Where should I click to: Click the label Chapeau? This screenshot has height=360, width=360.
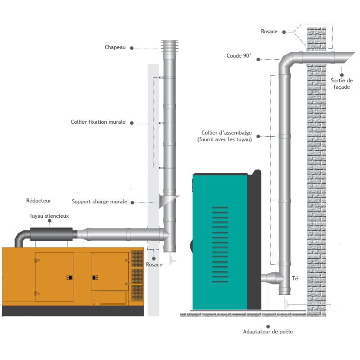pyautogui.click(x=115, y=47)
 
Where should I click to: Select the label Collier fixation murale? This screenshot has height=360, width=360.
pyautogui.click(x=98, y=122)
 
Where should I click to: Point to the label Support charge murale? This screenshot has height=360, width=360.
pyautogui.click(x=99, y=202)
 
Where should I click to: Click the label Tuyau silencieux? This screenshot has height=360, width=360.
pyautogui.click(x=49, y=216)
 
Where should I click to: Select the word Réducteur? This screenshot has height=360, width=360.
pyautogui.click(x=39, y=200)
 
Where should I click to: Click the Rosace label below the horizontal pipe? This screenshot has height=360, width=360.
pyautogui.click(x=154, y=265)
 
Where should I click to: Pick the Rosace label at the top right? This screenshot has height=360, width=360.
pyautogui.click(x=269, y=31)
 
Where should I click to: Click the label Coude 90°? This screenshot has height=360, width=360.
pyautogui.click(x=239, y=56)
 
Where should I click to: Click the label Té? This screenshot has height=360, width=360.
pyautogui.click(x=295, y=279)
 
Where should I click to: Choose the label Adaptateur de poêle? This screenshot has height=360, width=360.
pyautogui.click(x=268, y=332)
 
